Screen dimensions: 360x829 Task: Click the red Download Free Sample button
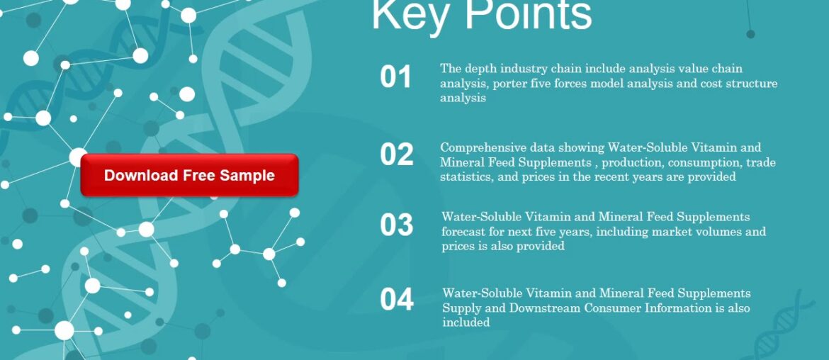click(x=189, y=175)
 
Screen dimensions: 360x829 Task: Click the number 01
click(x=395, y=77)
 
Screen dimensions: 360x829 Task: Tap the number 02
click(x=396, y=155)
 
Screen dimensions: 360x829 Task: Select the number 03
click(x=396, y=225)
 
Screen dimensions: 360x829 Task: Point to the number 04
click(x=396, y=300)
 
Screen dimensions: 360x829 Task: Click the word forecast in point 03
click(x=465, y=232)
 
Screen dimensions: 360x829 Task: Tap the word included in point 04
click(x=466, y=322)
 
